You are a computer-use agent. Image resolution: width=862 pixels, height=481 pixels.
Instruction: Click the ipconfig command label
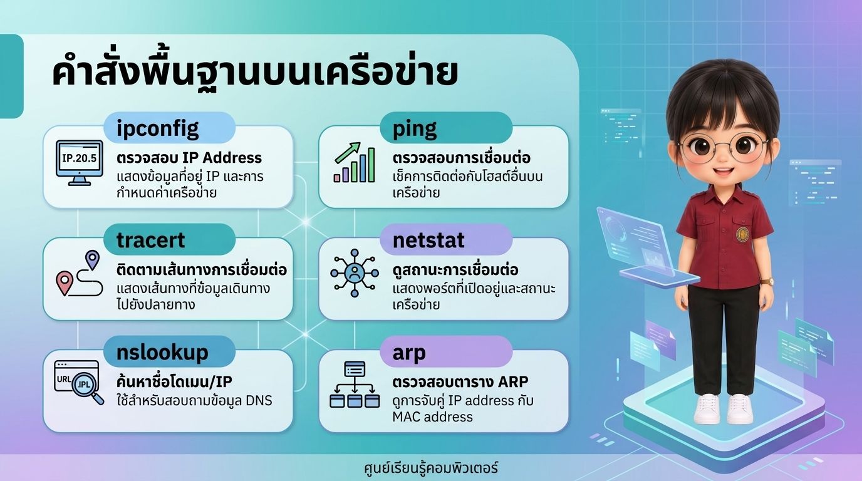[157, 129]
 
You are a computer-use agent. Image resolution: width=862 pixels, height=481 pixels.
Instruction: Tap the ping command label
[415, 129]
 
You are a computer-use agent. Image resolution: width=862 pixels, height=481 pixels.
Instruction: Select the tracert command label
[150, 240]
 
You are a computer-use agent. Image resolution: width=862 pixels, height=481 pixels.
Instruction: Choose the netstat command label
[428, 240]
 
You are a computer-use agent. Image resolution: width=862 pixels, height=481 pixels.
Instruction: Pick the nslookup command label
[162, 353]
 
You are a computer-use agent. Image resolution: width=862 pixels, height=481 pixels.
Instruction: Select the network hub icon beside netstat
[355, 273]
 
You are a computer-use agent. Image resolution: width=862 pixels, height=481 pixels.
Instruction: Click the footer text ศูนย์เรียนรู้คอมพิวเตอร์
[430, 468]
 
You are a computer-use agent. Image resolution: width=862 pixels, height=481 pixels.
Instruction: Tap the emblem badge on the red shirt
[742, 234]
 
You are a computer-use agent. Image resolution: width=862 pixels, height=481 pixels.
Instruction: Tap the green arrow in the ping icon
[348, 152]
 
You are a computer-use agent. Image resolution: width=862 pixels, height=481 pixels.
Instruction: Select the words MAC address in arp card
[432, 416]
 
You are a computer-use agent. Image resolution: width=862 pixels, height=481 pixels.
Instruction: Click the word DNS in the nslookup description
[259, 401]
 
